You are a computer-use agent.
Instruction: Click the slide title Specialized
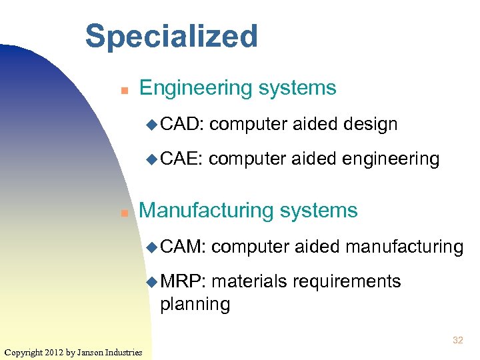point(171,37)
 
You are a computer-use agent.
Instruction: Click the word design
point(369,124)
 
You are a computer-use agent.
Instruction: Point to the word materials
point(248,282)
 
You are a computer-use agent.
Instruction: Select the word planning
point(195,305)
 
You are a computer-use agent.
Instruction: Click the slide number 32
point(457,341)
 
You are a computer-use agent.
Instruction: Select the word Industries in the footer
point(126,352)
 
